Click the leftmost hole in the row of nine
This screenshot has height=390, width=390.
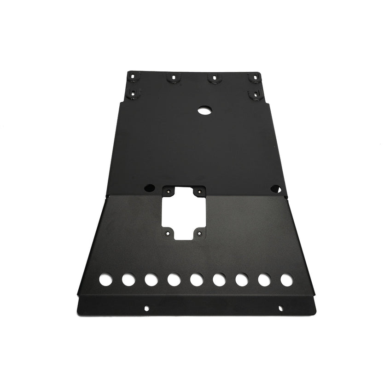point(105,279)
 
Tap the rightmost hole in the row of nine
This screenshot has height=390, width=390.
point(286,279)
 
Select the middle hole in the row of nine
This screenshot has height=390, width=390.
point(197,279)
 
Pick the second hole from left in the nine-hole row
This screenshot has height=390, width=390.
point(128,279)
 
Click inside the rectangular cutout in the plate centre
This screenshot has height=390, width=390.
point(184,212)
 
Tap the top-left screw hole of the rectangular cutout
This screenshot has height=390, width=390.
point(169,191)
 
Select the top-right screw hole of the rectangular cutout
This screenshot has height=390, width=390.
point(199,191)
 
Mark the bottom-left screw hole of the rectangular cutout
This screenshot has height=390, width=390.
point(168,233)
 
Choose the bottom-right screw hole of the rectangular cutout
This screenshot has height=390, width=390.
point(199,233)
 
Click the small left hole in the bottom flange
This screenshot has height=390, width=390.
point(146,308)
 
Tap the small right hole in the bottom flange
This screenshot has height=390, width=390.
point(280,308)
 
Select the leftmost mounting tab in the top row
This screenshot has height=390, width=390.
point(132,76)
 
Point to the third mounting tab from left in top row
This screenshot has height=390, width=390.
point(213,78)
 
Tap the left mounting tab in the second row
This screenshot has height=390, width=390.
point(133,93)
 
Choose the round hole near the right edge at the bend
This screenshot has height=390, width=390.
point(275,188)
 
